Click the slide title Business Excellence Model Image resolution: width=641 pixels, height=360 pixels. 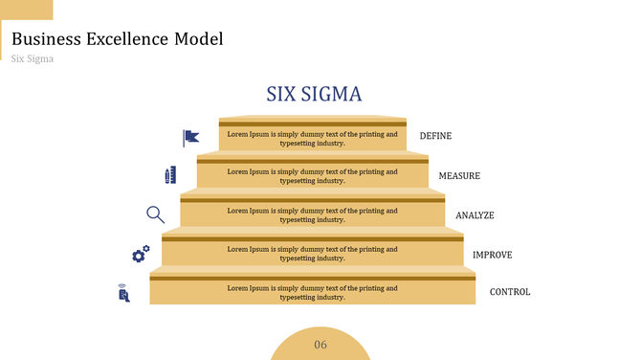[x=118, y=39]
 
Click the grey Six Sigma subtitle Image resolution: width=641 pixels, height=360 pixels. [x=33, y=58]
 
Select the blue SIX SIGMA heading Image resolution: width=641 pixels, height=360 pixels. [x=314, y=94]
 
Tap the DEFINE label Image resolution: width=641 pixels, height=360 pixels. [x=435, y=136]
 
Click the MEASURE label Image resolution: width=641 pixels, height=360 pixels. [x=459, y=176]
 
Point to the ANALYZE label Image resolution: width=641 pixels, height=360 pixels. [x=475, y=215]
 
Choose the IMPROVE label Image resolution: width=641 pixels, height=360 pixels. [x=492, y=255]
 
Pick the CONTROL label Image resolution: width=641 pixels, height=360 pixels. [x=509, y=292]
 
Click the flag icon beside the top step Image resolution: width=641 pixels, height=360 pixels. [x=191, y=138]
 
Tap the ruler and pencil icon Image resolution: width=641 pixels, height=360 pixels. [x=170, y=175]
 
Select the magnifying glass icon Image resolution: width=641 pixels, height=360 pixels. [x=155, y=214]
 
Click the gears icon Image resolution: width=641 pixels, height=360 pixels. [x=141, y=254]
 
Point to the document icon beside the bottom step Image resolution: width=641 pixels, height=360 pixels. [x=123, y=293]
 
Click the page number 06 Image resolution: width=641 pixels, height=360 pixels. [x=320, y=345]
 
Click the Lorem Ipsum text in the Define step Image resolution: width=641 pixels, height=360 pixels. [x=312, y=138]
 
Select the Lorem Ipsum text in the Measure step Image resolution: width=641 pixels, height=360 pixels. [x=312, y=176]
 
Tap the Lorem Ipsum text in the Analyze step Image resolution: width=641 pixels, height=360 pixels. [x=312, y=215]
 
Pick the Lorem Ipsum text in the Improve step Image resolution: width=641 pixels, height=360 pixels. [x=312, y=254]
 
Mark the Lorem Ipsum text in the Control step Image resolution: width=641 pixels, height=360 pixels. [x=312, y=292]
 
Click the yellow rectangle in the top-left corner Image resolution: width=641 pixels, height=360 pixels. [x=26, y=10]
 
